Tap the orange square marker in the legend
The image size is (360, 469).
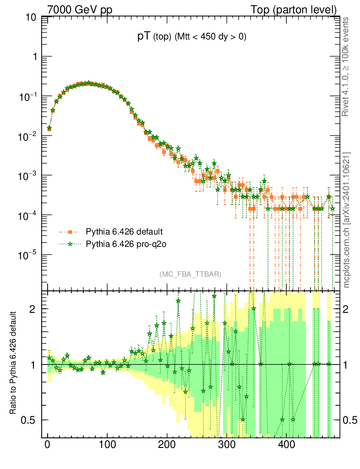tap(70, 231)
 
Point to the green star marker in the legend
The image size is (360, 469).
tap(70, 244)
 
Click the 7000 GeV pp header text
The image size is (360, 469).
tap(80, 10)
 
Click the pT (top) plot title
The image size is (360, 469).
tap(192, 38)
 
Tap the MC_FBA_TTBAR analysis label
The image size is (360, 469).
tap(191, 274)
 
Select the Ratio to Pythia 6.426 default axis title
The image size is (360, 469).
tap(14, 364)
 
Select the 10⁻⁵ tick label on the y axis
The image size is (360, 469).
tap(28, 255)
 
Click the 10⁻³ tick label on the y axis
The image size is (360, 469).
tap(28, 175)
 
